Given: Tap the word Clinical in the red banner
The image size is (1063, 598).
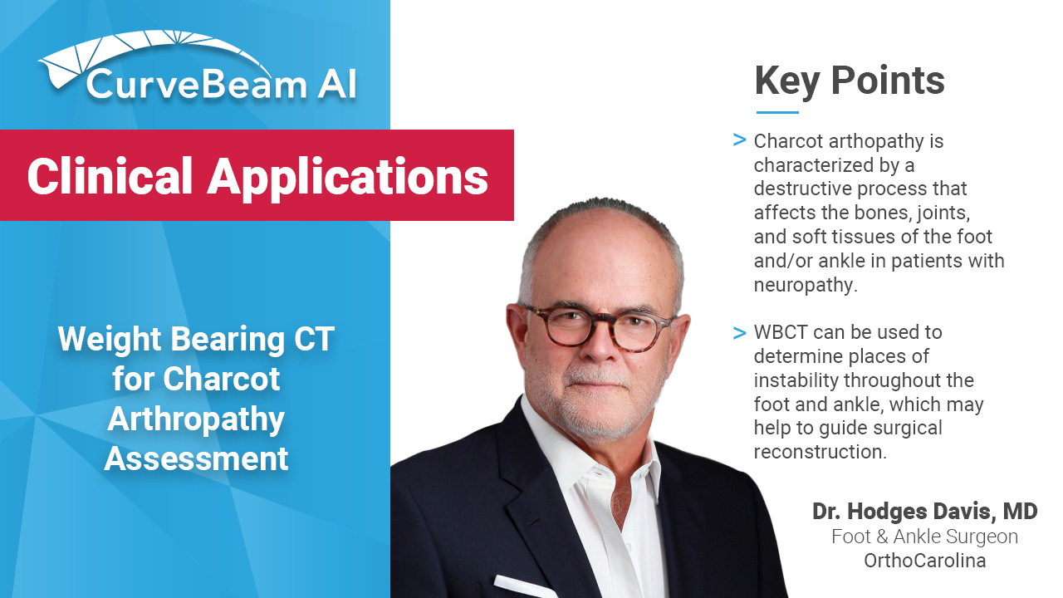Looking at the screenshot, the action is pyautogui.click(x=110, y=176).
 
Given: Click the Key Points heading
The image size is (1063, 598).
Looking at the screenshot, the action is pyautogui.click(x=850, y=81).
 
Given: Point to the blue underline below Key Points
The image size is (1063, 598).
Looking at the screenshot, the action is pyautogui.click(x=777, y=112).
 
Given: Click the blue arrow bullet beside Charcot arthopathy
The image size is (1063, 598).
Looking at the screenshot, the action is pyautogui.click(x=739, y=140).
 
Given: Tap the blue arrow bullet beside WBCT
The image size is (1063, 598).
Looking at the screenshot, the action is pyautogui.click(x=739, y=333).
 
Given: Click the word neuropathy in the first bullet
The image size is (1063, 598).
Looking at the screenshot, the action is pyautogui.click(x=805, y=286).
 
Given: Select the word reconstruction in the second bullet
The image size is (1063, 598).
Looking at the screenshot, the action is pyautogui.click(x=820, y=452).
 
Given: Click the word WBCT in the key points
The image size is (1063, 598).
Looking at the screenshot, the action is pyautogui.click(x=781, y=332).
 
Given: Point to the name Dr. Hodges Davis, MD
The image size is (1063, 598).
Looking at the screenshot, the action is pyautogui.click(x=924, y=511).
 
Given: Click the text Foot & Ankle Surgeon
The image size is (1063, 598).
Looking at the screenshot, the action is pyautogui.click(x=924, y=537).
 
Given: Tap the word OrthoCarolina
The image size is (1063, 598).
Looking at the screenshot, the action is pyautogui.click(x=924, y=561).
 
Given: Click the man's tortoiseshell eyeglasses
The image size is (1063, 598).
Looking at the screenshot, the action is pyautogui.click(x=599, y=327).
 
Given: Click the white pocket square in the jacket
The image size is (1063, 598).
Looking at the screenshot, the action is pyautogui.click(x=523, y=586).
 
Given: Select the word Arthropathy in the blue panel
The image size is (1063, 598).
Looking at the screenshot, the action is pyautogui.click(x=195, y=419).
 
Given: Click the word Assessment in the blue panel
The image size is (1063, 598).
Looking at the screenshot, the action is pyautogui.click(x=196, y=459).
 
